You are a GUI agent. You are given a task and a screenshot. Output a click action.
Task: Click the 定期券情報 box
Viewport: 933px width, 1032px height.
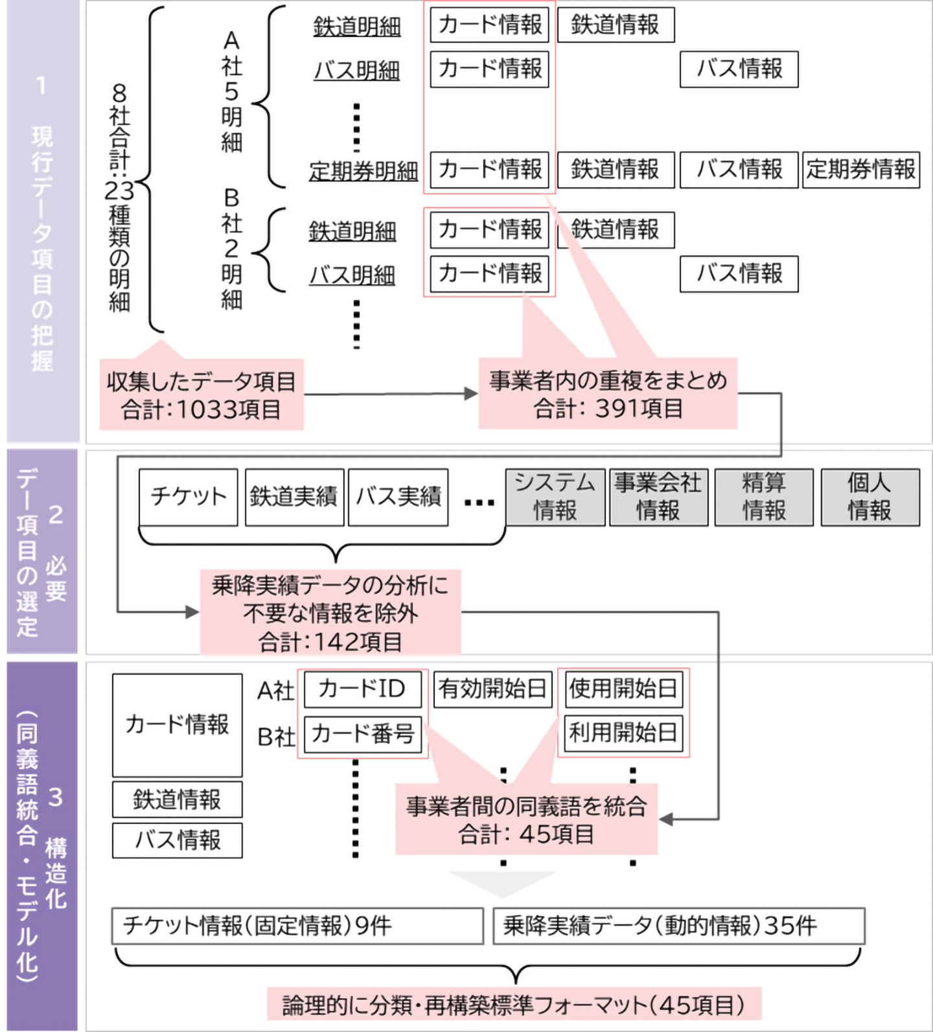click(x=861, y=170)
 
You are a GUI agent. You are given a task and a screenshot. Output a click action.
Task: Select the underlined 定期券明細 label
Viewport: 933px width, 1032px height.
click(x=363, y=172)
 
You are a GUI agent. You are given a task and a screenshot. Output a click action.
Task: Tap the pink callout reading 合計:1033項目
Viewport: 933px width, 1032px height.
click(x=202, y=395)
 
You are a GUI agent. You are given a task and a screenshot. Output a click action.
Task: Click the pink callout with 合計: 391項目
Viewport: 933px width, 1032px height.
click(x=608, y=394)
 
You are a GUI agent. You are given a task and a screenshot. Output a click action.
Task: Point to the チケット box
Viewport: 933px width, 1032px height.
click(x=189, y=497)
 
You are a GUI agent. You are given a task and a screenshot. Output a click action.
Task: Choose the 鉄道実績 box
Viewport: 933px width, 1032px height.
click(x=294, y=497)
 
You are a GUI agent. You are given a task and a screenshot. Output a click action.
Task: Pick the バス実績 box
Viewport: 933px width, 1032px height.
click(x=398, y=497)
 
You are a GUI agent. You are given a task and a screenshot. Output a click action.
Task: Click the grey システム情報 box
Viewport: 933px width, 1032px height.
click(x=555, y=497)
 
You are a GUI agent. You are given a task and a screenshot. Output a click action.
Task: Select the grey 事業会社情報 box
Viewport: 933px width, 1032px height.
click(x=658, y=497)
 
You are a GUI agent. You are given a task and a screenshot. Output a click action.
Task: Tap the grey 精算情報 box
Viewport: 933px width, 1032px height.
click(x=764, y=497)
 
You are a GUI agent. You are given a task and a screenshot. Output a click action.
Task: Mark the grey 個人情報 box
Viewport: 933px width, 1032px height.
click(x=870, y=497)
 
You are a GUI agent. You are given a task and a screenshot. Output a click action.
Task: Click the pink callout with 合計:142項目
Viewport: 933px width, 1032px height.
click(x=330, y=612)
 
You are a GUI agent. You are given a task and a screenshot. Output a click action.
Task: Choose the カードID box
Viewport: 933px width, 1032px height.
click(x=362, y=689)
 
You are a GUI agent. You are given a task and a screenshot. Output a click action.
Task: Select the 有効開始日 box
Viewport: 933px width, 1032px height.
click(x=492, y=689)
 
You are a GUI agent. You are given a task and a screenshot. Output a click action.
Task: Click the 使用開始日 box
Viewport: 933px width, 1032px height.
click(x=623, y=689)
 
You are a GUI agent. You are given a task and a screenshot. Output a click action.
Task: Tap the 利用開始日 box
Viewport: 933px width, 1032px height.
click(x=623, y=733)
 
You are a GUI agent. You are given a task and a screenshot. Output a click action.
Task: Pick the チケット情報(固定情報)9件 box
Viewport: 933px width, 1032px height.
click(x=297, y=925)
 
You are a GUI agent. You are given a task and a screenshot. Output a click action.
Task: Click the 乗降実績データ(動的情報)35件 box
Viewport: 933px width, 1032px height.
click(x=678, y=926)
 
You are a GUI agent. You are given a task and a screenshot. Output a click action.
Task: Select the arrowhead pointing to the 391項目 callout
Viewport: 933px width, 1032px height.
click(x=472, y=393)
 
